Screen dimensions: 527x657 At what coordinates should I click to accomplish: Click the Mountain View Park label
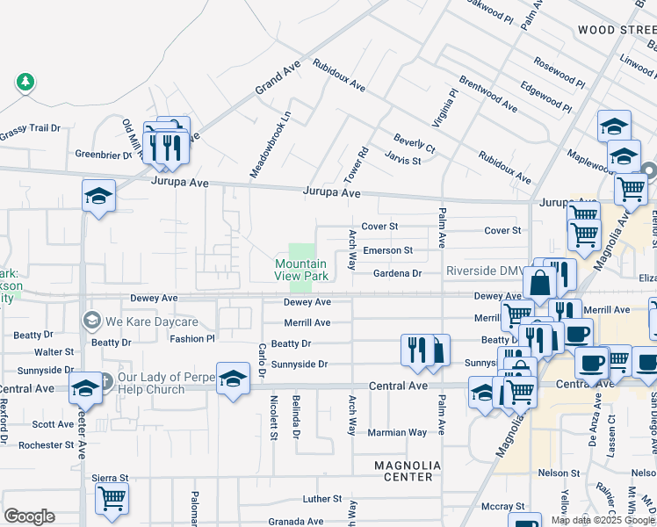pyautogui.click(x=301, y=270)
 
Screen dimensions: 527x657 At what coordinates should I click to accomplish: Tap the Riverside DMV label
pyautogui.click(x=484, y=271)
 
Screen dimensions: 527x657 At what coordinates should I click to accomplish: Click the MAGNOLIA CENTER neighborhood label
pyautogui.click(x=403, y=471)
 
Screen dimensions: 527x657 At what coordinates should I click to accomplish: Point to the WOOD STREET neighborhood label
pyautogui.click(x=617, y=30)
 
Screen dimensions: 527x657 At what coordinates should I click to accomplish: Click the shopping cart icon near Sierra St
pyautogui.click(x=112, y=499)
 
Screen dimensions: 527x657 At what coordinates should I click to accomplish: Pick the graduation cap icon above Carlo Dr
pyautogui.click(x=233, y=379)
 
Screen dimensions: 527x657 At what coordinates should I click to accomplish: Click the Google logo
pyautogui.click(x=29, y=516)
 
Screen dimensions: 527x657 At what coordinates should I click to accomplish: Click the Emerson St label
pyautogui.click(x=387, y=250)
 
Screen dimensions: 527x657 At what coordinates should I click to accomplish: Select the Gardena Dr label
pyautogui.click(x=398, y=273)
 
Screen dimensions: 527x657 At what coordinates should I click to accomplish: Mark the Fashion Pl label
pyautogui.click(x=192, y=338)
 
